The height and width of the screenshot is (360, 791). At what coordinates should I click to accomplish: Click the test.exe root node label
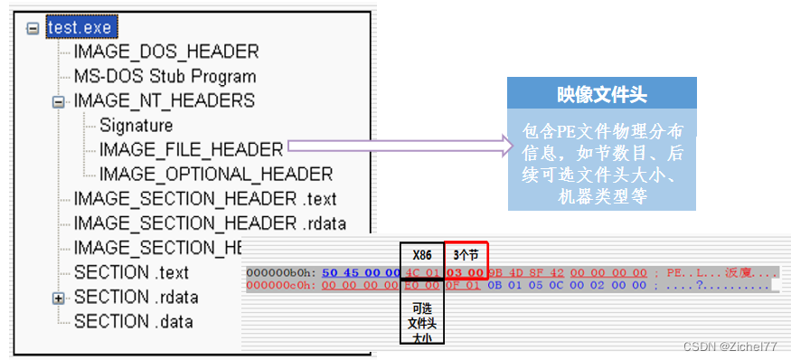(79, 28)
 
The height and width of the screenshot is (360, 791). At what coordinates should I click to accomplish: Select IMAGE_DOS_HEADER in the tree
(165, 52)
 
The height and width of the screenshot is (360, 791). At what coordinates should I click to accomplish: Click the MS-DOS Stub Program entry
(165, 77)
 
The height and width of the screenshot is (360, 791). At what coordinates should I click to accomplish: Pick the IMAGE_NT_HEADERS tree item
(164, 100)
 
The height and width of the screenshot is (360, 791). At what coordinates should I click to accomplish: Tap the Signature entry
(136, 125)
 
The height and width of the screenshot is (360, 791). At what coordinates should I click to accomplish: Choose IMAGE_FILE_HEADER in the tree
(191, 149)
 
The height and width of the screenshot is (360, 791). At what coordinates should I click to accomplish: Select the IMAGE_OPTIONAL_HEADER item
(216, 174)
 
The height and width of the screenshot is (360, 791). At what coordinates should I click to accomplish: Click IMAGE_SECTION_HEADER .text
(204, 198)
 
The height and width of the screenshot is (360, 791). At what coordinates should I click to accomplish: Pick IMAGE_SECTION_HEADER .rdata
(210, 223)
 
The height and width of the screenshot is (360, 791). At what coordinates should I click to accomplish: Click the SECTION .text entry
(131, 271)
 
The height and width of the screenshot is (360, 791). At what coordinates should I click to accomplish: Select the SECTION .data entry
(133, 320)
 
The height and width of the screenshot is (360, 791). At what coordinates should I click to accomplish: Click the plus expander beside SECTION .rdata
(60, 297)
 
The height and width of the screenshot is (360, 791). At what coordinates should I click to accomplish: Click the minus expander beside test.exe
(33, 28)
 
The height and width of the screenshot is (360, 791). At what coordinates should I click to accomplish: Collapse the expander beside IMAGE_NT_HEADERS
(60, 101)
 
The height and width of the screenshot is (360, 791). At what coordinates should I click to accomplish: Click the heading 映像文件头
(601, 95)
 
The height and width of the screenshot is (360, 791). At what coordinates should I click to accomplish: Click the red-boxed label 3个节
(466, 254)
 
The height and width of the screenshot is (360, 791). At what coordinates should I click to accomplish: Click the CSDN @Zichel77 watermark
(730, 346)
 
